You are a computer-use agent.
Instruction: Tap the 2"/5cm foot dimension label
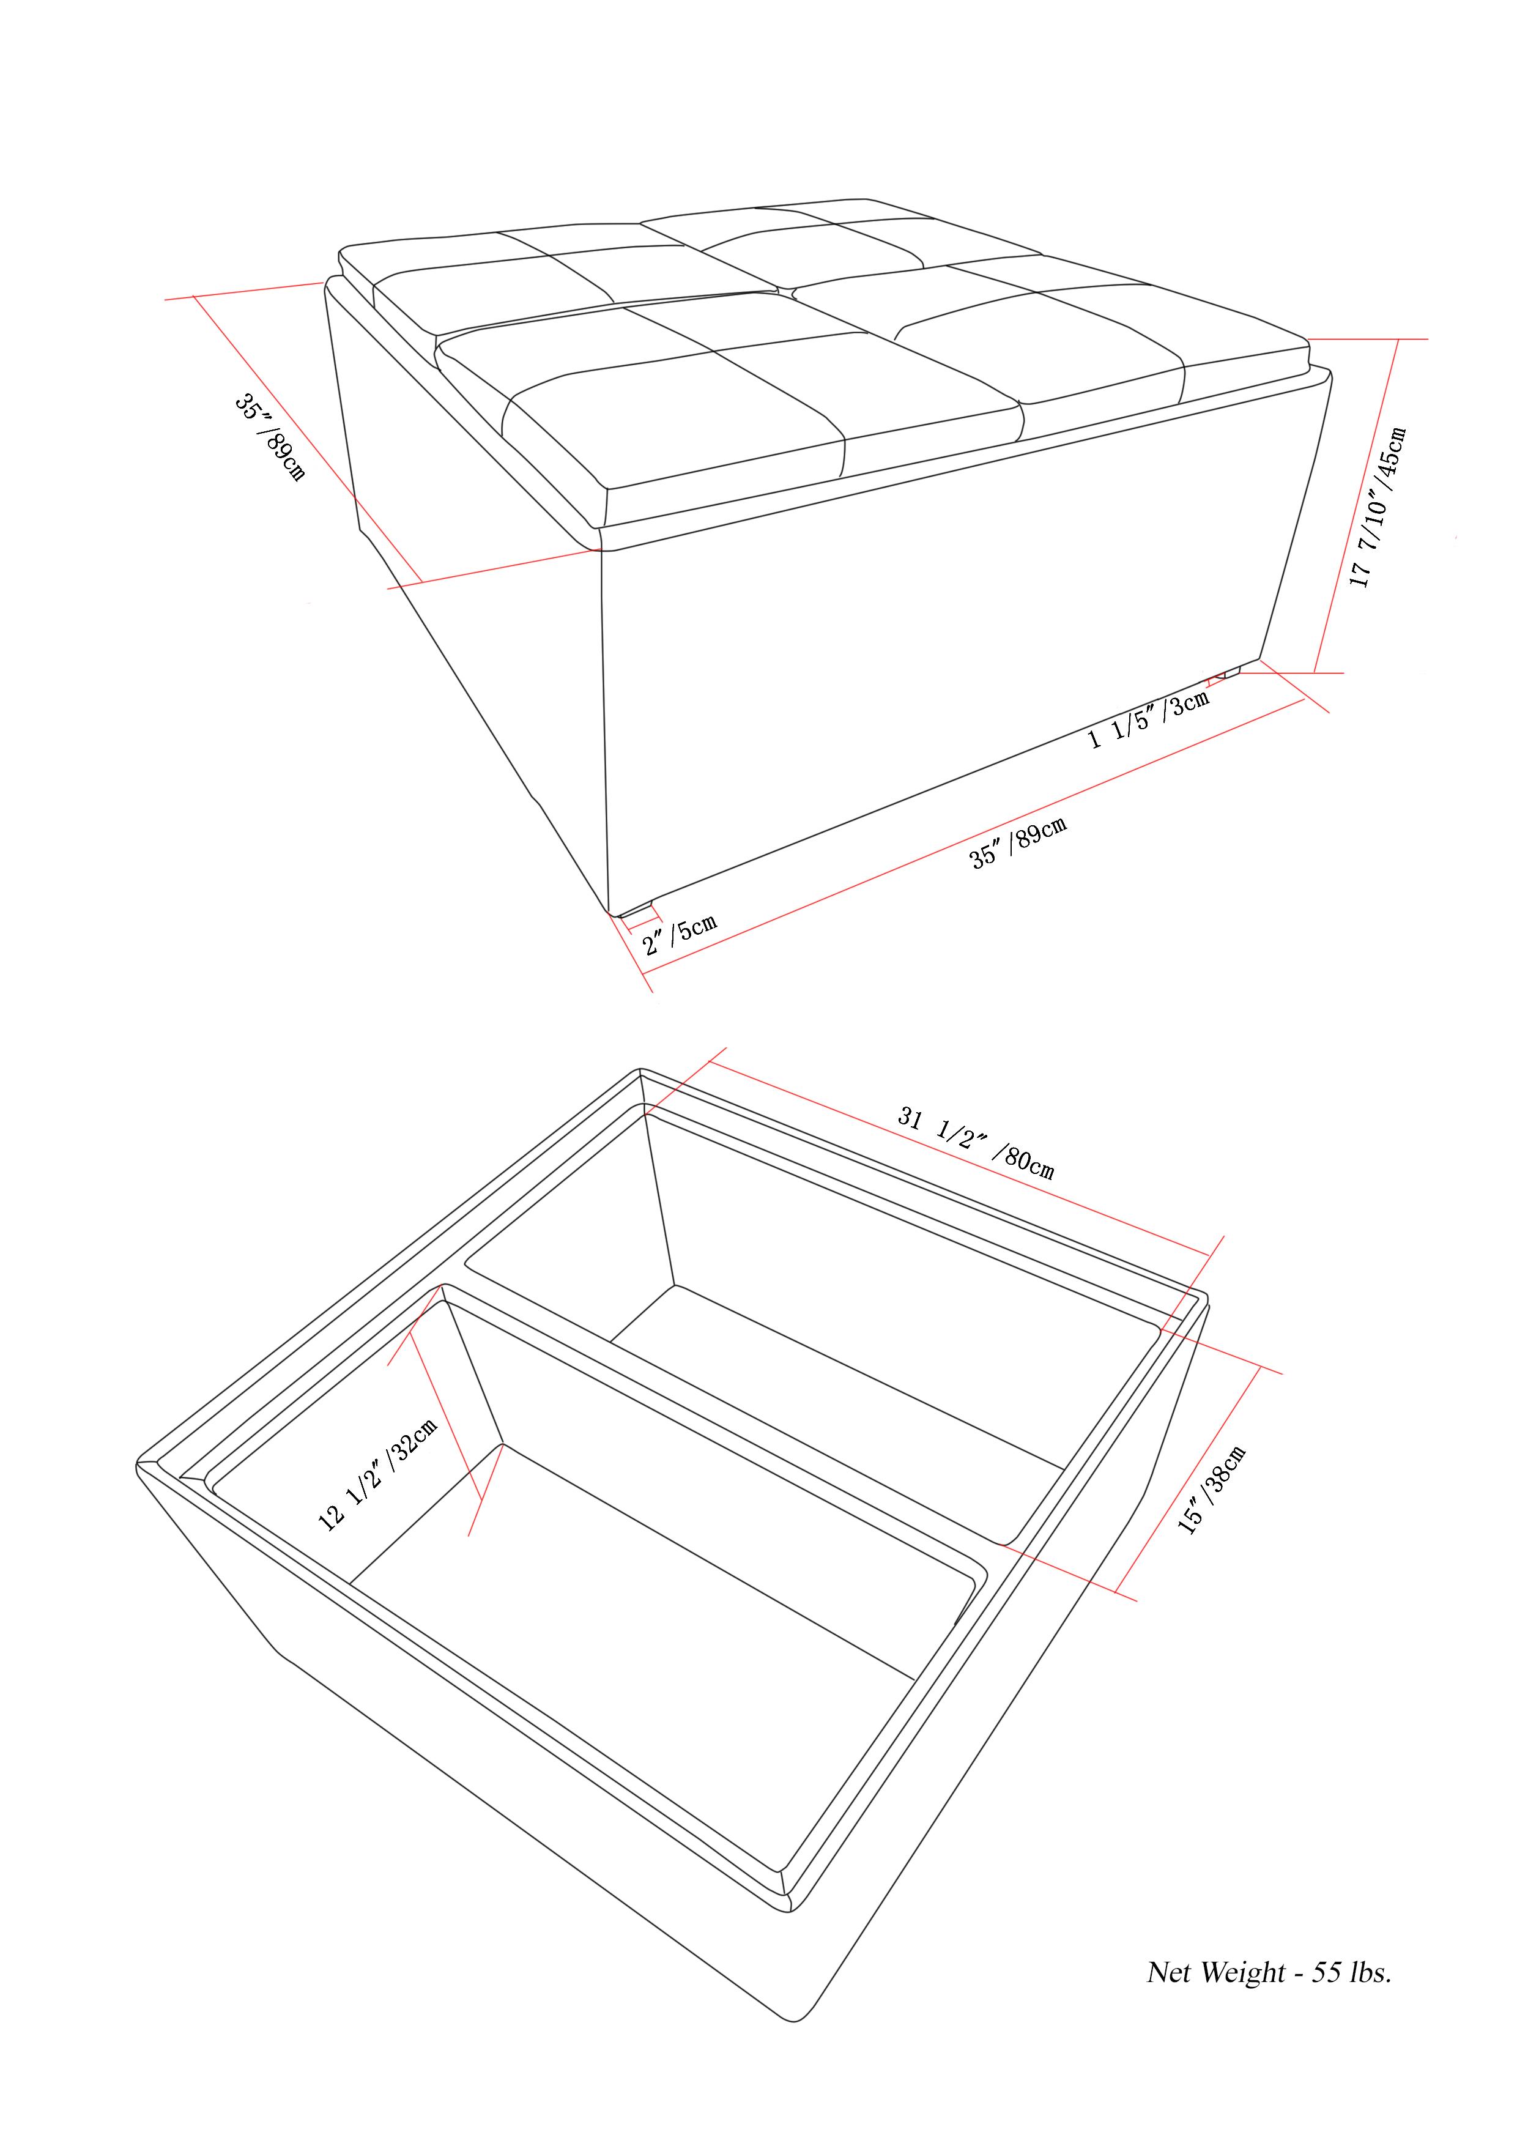(x=680, y=933)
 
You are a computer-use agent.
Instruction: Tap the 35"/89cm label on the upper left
(x=269, y=437)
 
